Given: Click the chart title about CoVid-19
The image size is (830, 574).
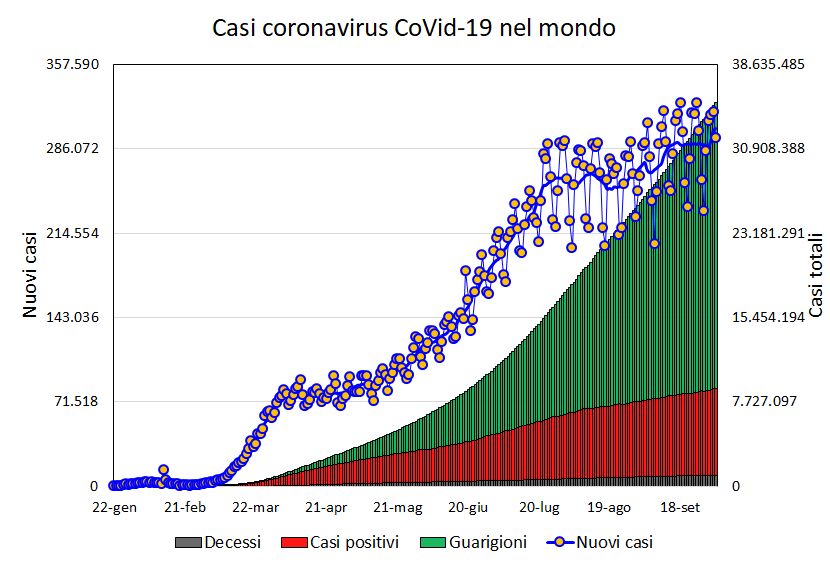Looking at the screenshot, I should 414,28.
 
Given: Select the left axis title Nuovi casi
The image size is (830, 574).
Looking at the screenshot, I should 30,275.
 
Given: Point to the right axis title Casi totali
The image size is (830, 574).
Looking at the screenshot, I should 816,275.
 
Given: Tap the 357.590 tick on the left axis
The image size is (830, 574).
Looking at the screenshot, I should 73,64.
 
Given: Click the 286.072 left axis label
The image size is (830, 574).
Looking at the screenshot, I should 73,148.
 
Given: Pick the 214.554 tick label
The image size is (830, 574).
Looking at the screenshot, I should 73,233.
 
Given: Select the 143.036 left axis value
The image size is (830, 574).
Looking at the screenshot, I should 73,317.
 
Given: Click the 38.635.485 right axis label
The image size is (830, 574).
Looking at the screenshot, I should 768,64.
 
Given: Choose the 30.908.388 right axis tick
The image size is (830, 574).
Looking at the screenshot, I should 768,148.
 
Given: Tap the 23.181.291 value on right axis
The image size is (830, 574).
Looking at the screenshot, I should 768,233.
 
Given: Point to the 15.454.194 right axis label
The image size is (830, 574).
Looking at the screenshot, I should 768,317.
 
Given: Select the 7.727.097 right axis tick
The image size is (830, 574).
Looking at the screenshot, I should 764,402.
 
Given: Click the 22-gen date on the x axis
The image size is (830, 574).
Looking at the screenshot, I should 114,507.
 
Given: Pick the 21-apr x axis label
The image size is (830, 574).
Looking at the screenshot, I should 326,507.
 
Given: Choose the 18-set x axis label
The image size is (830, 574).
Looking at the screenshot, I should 681,507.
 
